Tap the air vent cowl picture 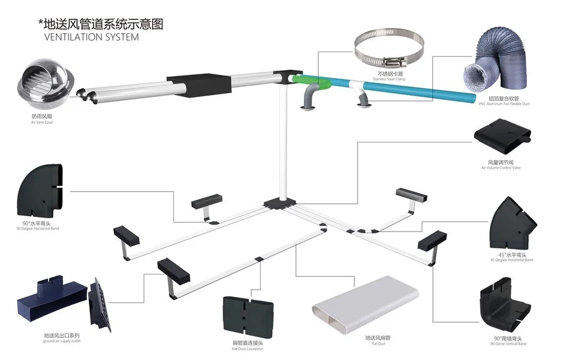click(40, 85)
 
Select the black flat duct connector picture click(247, 319)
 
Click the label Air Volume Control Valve click(501, 168)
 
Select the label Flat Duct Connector click(247, 349)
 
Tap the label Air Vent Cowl click(41, 122)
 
